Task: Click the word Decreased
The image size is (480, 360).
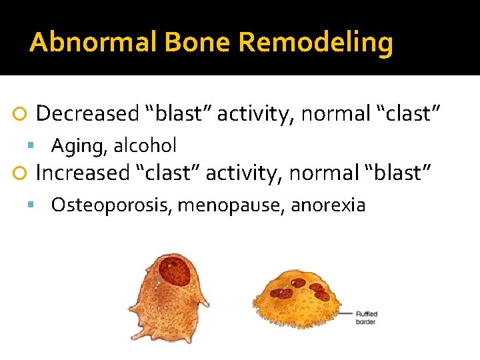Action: (x=87, y=114)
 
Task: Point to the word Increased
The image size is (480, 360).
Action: (x=82, y=173)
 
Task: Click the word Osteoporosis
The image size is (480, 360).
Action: (x=112, y=205)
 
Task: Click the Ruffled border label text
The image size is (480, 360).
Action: (x=367, y=317)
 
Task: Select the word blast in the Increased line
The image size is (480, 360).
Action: (x=399, y=173)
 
